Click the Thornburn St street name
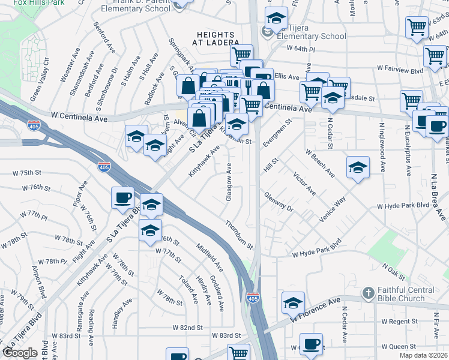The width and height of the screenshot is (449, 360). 239,235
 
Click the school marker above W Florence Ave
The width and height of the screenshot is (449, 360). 293,302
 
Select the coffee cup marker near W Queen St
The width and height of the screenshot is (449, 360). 311,344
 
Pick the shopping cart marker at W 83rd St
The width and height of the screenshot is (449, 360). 239,353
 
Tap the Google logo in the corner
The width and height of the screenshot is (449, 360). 20,353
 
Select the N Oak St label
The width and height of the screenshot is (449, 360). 394,273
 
